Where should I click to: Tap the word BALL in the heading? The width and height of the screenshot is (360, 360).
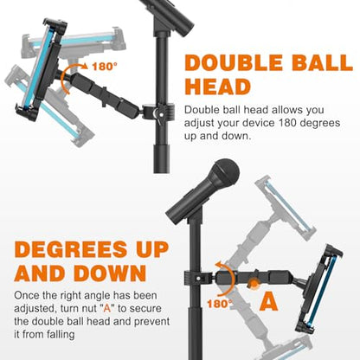coord(322,62)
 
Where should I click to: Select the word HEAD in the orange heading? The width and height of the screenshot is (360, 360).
coord(217,87)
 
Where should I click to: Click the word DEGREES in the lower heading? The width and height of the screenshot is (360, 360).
coord(71,249)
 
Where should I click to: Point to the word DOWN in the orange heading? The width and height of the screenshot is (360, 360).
coord(110,273)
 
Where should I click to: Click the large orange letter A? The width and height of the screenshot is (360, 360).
coord(268,302)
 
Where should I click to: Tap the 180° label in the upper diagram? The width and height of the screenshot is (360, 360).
coord(105,67)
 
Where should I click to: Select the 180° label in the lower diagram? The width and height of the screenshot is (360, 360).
coord(220,304)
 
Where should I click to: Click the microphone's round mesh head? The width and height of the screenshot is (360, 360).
coord(226,172)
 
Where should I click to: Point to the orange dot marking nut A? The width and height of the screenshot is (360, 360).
coord(254,284)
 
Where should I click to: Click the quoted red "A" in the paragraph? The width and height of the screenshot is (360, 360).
coord(107,308)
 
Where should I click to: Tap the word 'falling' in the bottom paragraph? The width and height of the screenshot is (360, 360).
coord(61,335)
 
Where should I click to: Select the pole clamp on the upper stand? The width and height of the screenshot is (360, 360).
coord(158,112)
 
